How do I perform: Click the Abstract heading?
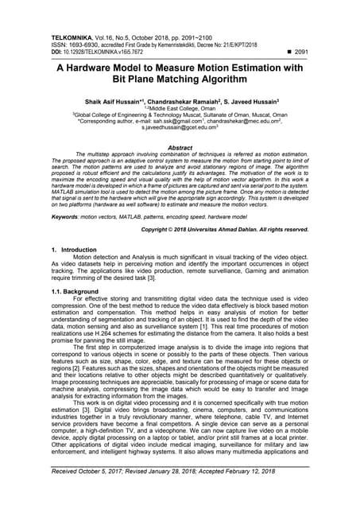pos(180,148)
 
